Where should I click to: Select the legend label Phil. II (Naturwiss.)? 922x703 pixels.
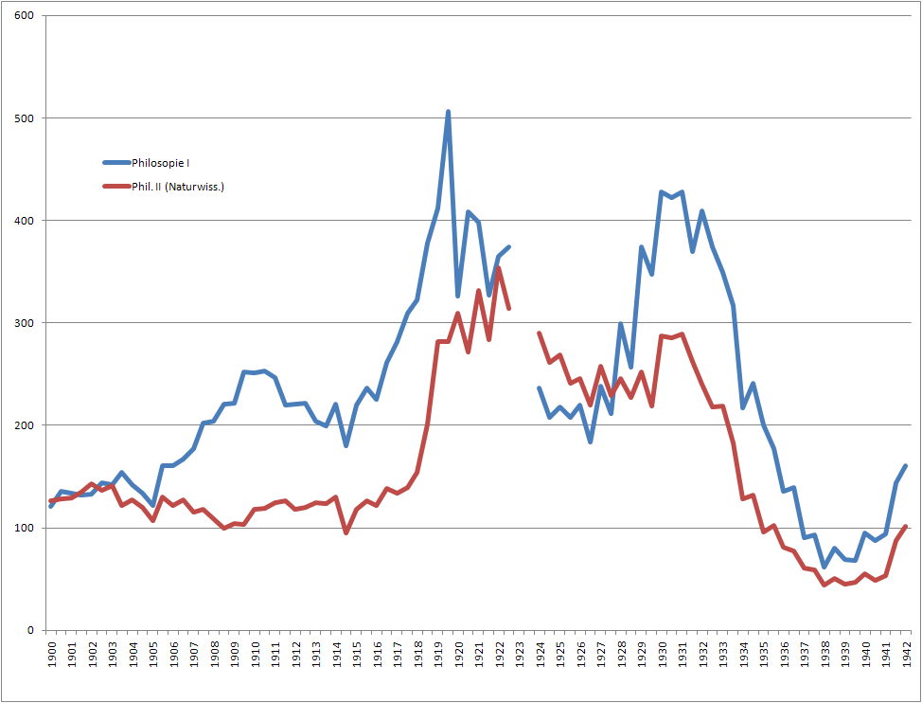[178, 187]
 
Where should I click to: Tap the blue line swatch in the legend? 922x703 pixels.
[117, 163]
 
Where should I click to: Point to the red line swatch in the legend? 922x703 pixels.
[117, 187]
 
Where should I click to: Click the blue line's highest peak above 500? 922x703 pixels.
[448, 112]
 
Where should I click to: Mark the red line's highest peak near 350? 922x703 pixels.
[499, 268]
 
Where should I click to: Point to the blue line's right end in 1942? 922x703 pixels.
[906, 465]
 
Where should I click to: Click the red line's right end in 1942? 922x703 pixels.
[906, 526]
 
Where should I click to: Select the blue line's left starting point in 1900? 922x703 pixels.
[51, 506]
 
